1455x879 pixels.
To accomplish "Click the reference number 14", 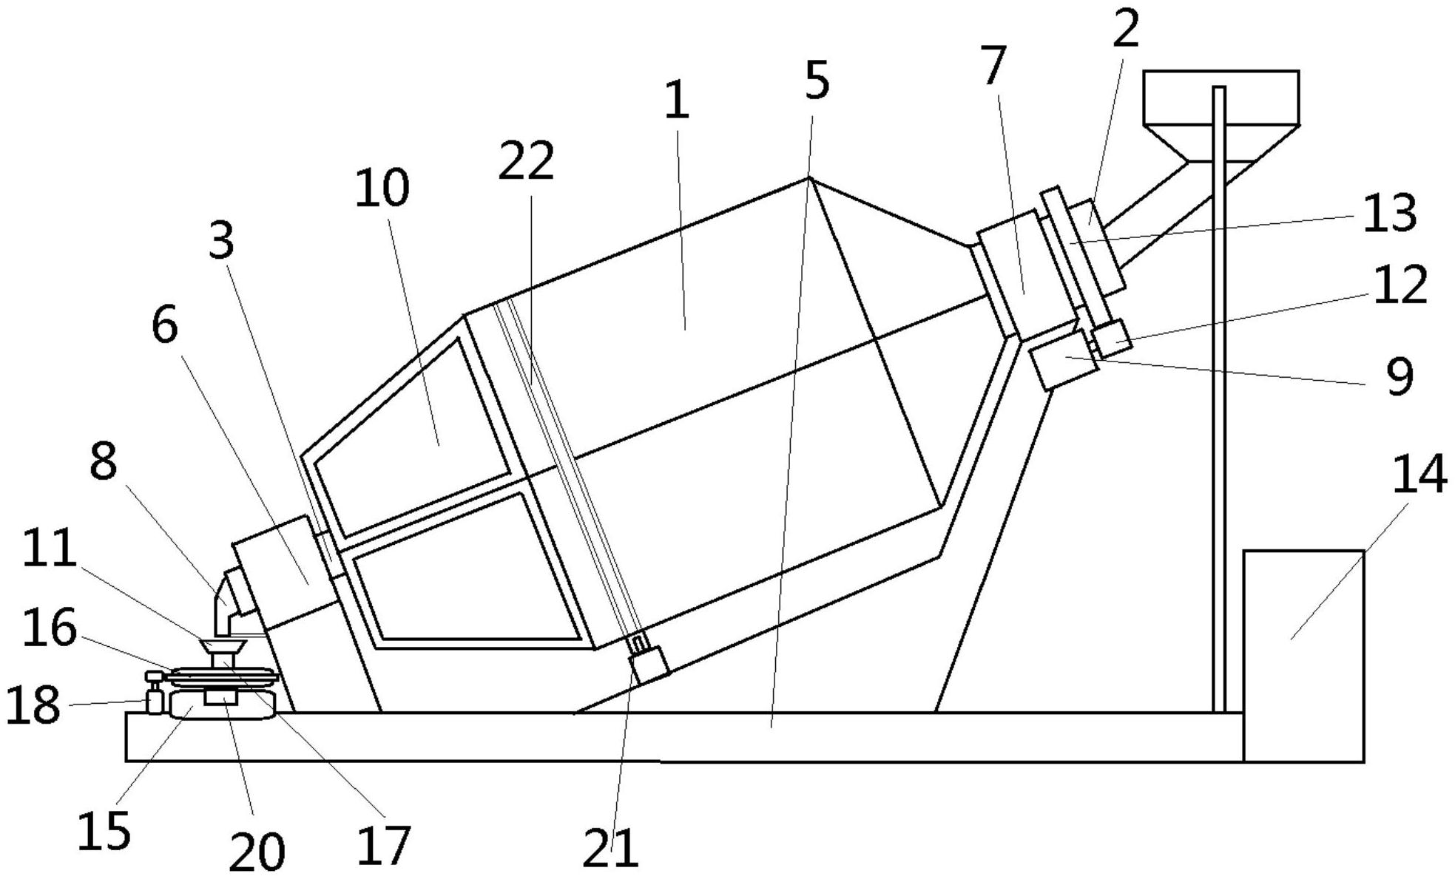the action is click(1419, 475).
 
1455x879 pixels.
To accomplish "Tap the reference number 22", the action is click(526, 161).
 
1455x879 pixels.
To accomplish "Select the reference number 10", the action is click(382, 188).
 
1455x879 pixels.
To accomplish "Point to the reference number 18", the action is click(33, 705).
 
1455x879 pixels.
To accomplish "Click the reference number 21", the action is click(610, 848).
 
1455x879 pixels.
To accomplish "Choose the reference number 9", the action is click(1399, 376).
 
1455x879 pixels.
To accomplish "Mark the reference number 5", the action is click(817, 81).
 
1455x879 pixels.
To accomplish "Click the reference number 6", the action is click(164, 326).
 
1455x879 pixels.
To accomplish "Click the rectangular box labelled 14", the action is click(1303, 655).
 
